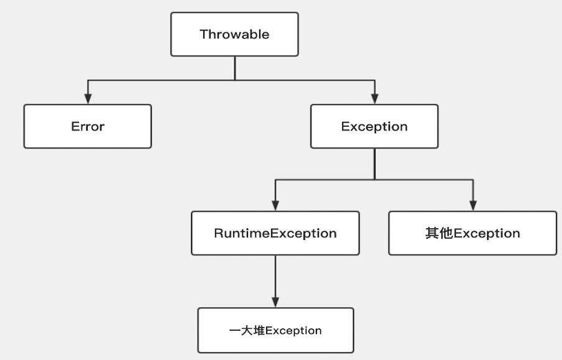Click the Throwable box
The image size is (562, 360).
pyautogui.click(x=234, y=34)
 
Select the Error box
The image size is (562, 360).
pyautogui.click(x=88, y=126)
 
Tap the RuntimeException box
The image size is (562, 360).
pyautogui.click(x=275, y=233)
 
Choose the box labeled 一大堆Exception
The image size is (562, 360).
pyautogui.click(x=275, y=330)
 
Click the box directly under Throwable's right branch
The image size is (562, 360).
pyautogui.click(x=374, y=126)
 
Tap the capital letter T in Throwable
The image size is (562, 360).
pyautogui.click(x=203, y=34)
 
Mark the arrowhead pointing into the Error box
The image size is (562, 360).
pyautogui.click(x=88, y=98)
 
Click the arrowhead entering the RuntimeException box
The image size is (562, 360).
pyautogui.click(x=275, y=205)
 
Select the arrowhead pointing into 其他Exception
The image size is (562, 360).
pyautogui.click(x=473, y=205)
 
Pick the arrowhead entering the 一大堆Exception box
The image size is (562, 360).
pyautogui.click(x=275, y=302)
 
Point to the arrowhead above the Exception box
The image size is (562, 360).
pyautogui.click(x=374, y=98)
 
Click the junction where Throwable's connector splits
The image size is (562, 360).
pyautogui.click(x=235, y=80)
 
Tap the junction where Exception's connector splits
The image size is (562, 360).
pyautogui.click(x=374, y=180)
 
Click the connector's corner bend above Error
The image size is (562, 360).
pyautogui.click(x=88, y=80)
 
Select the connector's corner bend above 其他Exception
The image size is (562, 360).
pyautogui.click(x=473, y=180)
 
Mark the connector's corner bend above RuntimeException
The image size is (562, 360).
pyautogui.click(x=275, y=180)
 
